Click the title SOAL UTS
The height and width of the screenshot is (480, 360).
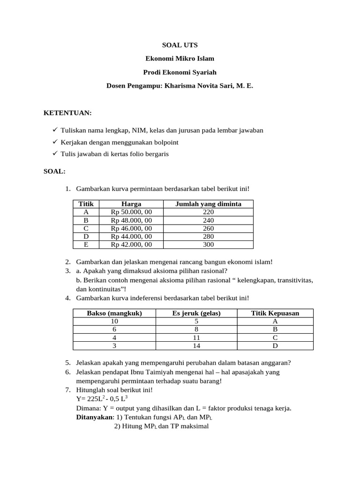pos(180,45)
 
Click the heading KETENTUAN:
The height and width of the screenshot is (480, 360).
pos(67,113)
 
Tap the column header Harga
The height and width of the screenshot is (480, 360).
pos(131,204)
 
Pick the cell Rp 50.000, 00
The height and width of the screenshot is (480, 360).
pos(131,212)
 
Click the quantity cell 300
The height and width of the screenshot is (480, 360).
pos(208,245)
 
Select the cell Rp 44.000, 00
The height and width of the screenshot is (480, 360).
pos(131,237)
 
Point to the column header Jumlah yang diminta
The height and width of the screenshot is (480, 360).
pos(208,204)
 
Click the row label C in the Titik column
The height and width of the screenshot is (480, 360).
pos(86,228)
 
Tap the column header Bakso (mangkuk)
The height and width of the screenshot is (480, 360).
pos(114,313)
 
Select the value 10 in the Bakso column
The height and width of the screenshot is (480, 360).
pos(114,322)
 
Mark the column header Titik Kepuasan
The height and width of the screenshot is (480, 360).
pos(275,313)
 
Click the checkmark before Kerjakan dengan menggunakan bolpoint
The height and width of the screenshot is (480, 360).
pos(55,142)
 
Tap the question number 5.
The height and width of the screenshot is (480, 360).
pos(68,363)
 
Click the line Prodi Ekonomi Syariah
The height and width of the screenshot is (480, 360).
pos(180,73)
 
